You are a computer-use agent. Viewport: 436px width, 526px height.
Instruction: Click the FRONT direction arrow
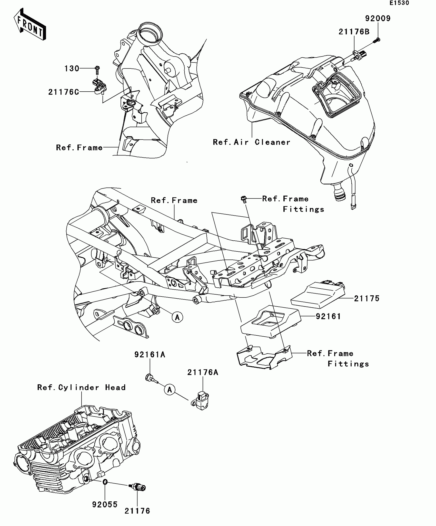(x=30, y=24)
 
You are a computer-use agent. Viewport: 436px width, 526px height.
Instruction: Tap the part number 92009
(x=378, y=18)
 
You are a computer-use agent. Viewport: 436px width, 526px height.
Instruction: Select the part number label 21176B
(x=354, y=32)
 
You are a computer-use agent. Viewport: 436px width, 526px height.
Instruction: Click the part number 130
(x=72, y=69)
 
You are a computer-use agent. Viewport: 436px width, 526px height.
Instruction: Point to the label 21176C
(x=64, y=92)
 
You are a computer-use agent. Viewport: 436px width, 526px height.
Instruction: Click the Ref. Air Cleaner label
(x=251, y=142)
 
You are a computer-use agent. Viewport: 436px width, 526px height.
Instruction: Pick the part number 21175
(x=366, y=298)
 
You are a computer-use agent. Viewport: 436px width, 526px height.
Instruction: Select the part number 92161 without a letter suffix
(x=328, y=316)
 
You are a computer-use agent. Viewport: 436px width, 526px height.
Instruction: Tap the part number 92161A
(x=150, y=355)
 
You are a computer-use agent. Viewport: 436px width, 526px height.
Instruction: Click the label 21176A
(x=203, y=372)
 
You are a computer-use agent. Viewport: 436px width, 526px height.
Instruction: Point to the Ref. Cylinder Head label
(x=81, y=387)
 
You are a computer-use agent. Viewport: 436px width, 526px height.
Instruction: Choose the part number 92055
(x=105, y=504)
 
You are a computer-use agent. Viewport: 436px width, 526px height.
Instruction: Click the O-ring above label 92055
(x=105, y=482)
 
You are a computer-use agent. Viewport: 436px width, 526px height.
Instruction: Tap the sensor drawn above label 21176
(x=138, y=487)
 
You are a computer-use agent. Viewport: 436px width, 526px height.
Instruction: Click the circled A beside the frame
(x=177, y=317)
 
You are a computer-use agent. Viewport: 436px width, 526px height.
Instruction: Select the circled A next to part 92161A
(x=170, y=390)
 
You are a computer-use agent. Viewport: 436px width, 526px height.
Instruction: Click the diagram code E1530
(x=399, y=3)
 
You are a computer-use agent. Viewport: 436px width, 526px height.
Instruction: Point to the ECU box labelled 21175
(x=318, y=295)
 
